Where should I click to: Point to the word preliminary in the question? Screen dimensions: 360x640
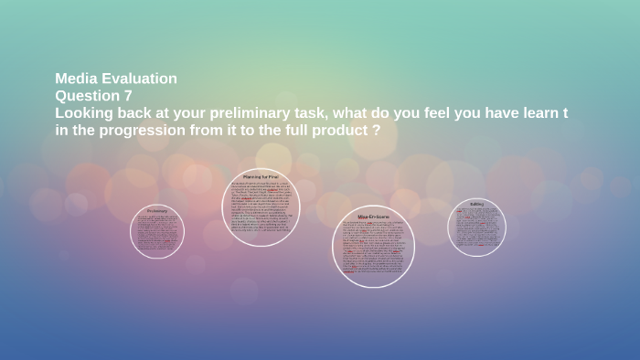pos(242,112)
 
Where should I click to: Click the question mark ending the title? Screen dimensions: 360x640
pos(376,130)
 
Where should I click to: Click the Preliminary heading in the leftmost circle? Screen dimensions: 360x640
pos(157,211)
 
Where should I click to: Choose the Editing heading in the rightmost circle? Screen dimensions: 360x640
pos(476,204)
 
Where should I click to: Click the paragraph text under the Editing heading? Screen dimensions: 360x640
pos(476,227)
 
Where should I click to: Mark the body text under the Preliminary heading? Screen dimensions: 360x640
pos(157,232)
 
